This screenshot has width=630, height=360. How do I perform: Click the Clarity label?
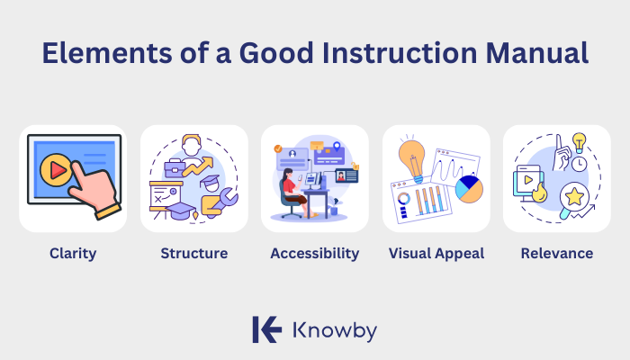tap(73, 254)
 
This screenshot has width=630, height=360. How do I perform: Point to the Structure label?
tap(193, 254)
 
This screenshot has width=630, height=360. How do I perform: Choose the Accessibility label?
tap(314, 254)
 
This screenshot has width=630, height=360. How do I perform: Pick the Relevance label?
tap(556, 254)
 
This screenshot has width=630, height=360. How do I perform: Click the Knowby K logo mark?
tap(266, 329)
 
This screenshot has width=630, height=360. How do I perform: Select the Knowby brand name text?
tap(335, 330)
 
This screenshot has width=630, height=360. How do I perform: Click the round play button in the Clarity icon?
tap(56, 169)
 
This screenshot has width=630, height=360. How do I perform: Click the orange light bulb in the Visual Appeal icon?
tap(411, 157)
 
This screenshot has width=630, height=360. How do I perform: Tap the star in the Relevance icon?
tap(572, 195)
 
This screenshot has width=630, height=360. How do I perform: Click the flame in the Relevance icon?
tap(539, 193)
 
